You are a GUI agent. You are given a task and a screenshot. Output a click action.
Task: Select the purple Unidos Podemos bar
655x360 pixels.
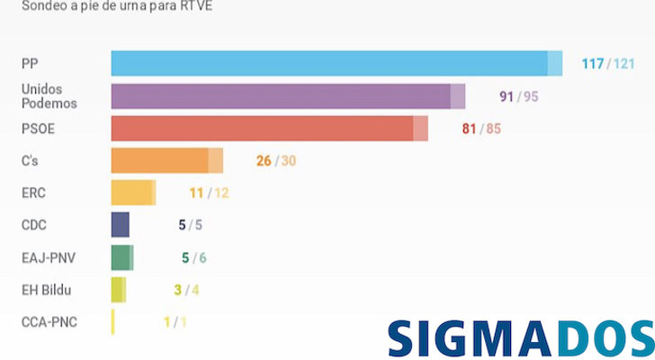click(x=288, y=95)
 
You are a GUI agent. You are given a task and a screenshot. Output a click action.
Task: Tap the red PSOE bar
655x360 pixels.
click(x=269, y=128)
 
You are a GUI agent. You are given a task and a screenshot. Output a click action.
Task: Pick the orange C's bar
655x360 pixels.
click(x=166, y=160)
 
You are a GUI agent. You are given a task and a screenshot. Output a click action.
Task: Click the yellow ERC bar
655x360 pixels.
click(x=133, y=193)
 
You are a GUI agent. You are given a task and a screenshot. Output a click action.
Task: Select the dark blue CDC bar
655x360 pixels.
click(x=120, y=225)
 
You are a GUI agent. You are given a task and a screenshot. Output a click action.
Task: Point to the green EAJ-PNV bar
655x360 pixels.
click(x=121, y=257)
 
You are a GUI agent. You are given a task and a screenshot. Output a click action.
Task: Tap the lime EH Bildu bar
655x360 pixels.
click(x=118, y=290)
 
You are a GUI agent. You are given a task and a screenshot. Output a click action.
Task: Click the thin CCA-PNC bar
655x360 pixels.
click(x=112, y=321)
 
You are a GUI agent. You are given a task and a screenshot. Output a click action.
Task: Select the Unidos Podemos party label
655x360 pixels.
click(x=49, y=96)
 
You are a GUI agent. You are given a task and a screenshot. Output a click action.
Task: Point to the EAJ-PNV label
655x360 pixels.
click(x=49, y=257)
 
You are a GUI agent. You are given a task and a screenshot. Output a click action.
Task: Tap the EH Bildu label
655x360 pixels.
click(x=46, y=290)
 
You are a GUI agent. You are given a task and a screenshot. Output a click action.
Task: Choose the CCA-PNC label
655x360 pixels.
click(x=49, y=322)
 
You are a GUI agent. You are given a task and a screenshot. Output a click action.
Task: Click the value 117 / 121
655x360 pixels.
click(x=607, y=64)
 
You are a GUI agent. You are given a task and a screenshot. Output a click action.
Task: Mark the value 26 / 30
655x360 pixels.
click(x=275, y=161)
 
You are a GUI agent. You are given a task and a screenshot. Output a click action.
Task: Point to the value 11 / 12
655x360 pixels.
click(x=210, y=193)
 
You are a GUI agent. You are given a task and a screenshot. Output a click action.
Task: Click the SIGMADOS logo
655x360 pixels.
click(x=520, y=337)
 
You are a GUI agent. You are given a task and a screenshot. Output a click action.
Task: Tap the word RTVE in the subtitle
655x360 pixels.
click(x=195, y=6)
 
